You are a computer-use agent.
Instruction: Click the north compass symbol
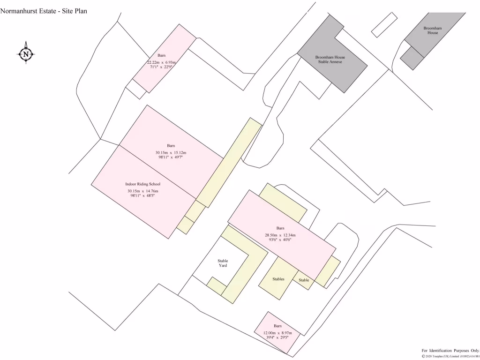coord(26,53)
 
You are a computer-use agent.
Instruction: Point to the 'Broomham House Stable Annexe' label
coord(331,60)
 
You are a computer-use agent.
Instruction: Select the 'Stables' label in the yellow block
coord(278,279)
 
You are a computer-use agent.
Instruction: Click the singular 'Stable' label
coord(304,280)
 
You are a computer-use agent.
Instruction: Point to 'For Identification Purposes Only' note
coord(450,350)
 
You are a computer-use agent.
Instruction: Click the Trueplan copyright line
coord(450,356)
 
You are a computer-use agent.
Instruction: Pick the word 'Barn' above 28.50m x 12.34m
coord(280,228)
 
